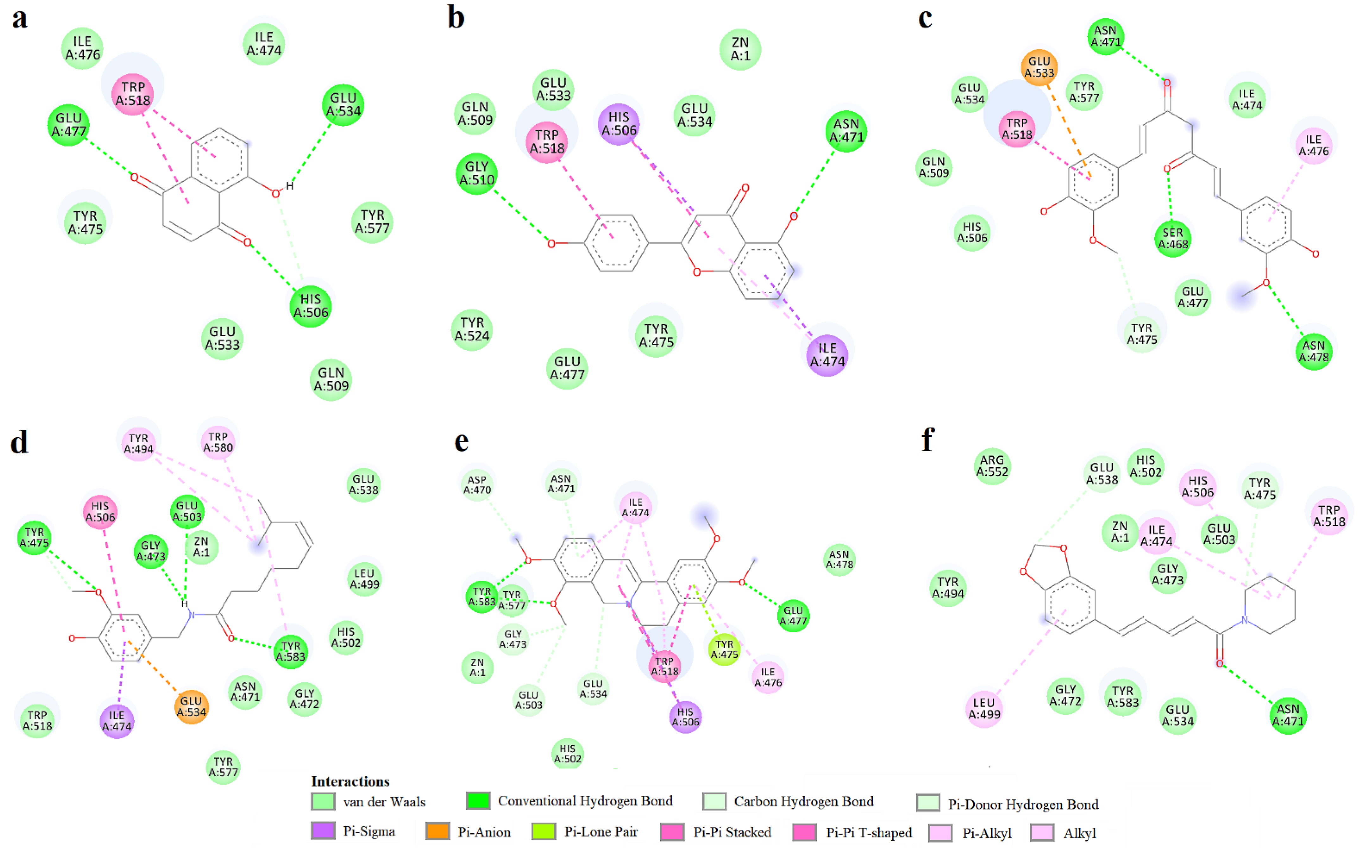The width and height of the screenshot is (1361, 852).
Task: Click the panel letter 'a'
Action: tap(20, 18)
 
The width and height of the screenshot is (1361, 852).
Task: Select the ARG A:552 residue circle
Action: tap(992, 466)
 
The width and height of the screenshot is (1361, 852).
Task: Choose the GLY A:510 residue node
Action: tap(476, 174)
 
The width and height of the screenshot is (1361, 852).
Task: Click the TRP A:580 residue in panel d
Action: tap(218, 442)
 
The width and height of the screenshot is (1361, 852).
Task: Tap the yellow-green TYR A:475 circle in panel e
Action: tap(724, 649)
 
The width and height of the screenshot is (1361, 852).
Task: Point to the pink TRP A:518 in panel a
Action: tap(133, 94)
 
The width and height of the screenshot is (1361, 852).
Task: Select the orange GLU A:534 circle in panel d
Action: tap(191, 706)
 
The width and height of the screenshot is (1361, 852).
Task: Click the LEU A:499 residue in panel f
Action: tap(984, 708)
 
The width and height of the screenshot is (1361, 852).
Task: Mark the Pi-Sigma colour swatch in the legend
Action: tap(323, 831)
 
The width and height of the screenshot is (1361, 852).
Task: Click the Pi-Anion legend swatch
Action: tap(438, 831)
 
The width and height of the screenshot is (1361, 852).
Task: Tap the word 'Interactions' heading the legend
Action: tap(350, 781)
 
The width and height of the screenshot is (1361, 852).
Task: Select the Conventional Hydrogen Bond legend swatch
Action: tap(477, 801)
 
